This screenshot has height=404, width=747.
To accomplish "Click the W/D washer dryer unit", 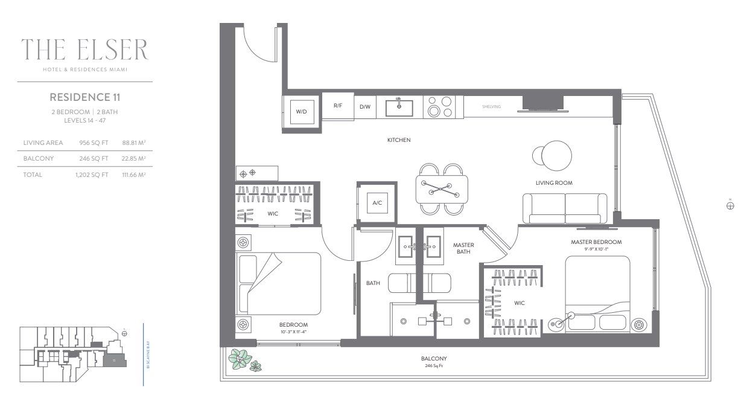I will tap(301, 112).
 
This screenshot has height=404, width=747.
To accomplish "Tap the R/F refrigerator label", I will tap(338, 106).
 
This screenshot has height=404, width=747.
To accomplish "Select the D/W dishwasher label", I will tap(365, 107).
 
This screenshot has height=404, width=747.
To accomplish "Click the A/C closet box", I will tap(377, 203).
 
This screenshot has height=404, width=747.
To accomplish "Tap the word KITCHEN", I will tap(399, 140).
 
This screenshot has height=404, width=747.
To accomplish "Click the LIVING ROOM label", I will tap(554, 182).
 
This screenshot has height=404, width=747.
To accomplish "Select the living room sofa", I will tap(565, 208).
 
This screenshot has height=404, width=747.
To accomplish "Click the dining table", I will tap(441, 188).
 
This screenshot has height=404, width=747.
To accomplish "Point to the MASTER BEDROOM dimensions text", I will tap(596, 249).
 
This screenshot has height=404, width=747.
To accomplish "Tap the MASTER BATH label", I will tap(463, 248).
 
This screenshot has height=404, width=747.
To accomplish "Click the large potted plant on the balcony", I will tap(240, 359).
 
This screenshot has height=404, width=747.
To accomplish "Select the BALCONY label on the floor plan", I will tap(434, 358).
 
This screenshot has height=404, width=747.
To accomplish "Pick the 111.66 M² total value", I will tap(134, 175).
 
